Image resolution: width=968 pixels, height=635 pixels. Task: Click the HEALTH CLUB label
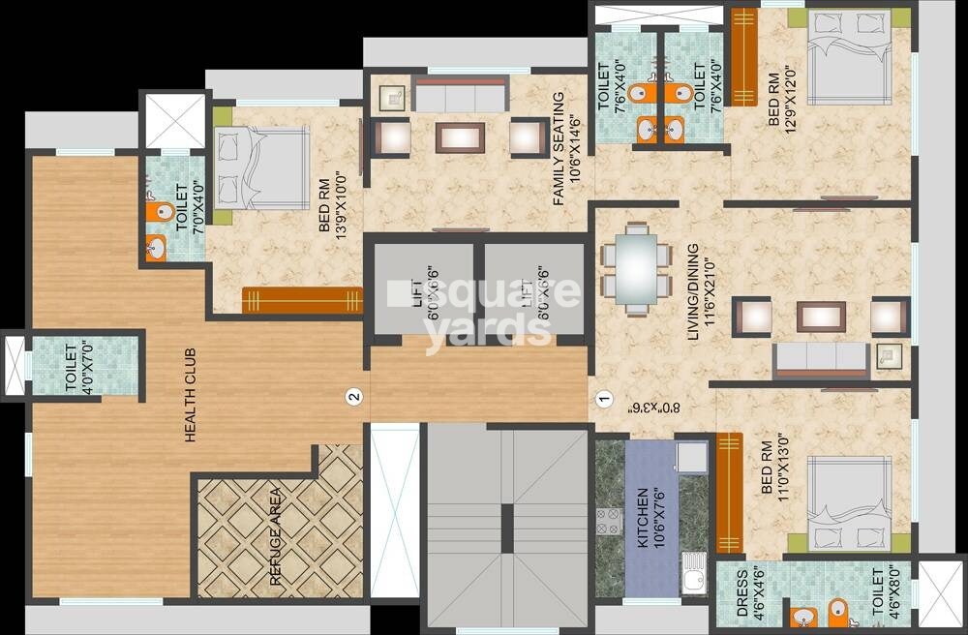tap(190, 394)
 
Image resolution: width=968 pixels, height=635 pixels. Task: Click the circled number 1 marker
tap(604, 397)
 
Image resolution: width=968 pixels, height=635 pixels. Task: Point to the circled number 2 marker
tap(354, 396)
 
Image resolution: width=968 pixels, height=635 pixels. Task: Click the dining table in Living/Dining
tap(636, 268)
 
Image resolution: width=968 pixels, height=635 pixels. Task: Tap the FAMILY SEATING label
tap(559, 148)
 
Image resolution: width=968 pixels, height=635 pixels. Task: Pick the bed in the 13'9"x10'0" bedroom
tap(249, 166)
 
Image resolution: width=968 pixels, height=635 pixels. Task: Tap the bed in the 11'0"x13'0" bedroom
tap(849, 503)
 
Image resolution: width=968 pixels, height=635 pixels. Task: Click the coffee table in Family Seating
tap(460, 136)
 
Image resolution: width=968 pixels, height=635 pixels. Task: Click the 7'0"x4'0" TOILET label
tap(181, 206)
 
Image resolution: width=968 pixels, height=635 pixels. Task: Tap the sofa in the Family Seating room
tap(460, 95)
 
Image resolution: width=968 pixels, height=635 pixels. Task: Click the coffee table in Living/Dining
tap(821, 317)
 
